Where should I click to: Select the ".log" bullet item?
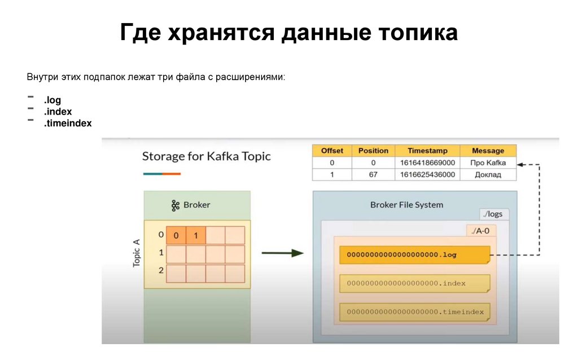point(52,100)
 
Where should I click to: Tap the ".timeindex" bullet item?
point(68,123)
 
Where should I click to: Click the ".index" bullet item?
point(58,112)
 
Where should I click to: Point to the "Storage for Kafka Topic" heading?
point(206,156)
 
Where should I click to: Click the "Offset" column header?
point(332,151)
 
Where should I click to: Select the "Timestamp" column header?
point(428,151)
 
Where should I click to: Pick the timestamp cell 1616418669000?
point(428,163)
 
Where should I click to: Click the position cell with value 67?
point(373,174)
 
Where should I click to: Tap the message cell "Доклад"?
point(488,174)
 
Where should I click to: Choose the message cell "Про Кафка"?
point(488,163)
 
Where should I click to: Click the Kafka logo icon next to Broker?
point(176,205)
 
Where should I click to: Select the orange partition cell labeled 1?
point(196,235)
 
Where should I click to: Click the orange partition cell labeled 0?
point(176,235)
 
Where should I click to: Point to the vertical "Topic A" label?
point(136,253)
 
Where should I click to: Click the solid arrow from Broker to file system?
point(283,253)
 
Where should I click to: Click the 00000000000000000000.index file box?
point(414,283)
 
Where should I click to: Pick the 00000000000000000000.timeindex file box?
point(414,311)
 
